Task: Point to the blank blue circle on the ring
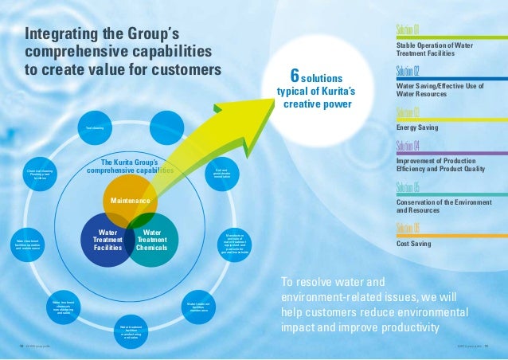tap(167, 127)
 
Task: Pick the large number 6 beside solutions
tap(295, 77)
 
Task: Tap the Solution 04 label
tap(408, 146)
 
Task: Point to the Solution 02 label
tap(408, 70)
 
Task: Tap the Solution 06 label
tap(408, 228)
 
